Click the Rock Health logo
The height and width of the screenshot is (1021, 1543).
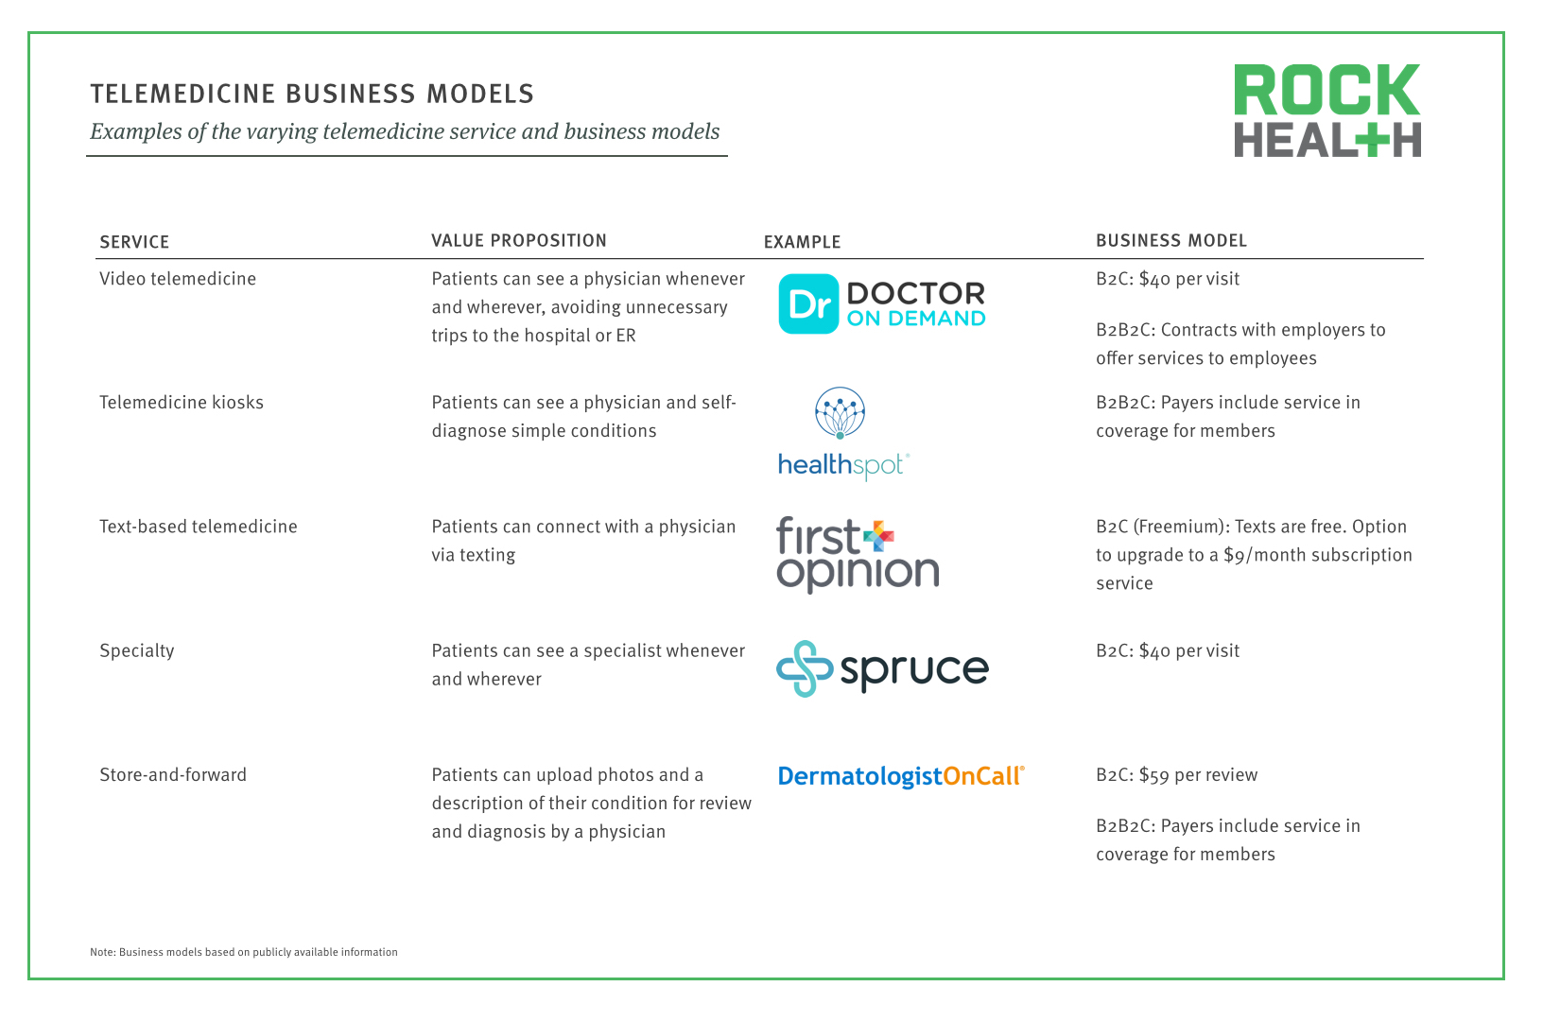(x=1326, y=110)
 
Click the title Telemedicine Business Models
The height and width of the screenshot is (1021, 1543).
(x=312, y=94)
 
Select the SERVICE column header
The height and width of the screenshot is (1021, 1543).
(x=134, y=242)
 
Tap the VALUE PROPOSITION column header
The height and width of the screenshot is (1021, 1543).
(x=519, y=241)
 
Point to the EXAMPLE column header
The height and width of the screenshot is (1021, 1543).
(x=802, y=242)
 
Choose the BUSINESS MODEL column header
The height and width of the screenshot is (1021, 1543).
(x=1170, y=241)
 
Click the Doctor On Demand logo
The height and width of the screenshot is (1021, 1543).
(x=881, y=304)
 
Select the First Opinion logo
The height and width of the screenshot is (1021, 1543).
(x=857, y=554)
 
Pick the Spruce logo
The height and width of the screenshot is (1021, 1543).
(x=882, y=668)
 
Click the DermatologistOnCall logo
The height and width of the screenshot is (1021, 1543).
(x=900, y=776)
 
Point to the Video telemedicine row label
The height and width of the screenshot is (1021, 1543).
(x=178, y=279)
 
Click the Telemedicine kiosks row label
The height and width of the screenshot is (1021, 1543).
(x=182, y=403)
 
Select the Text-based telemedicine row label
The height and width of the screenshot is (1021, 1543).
(x=199, y=527)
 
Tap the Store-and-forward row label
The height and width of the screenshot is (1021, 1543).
(x=173, y=775)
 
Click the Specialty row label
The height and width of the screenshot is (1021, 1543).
(x=137, y=650)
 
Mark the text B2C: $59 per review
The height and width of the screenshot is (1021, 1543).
(x=1176, y=775)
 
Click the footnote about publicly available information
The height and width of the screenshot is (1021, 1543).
(x=244, y=952)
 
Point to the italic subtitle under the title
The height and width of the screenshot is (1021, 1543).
(x=405, y=131)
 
